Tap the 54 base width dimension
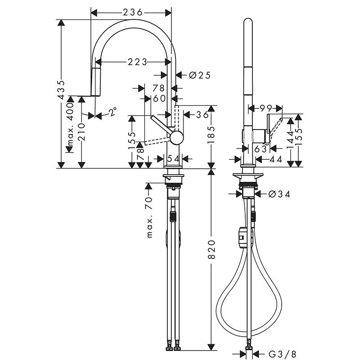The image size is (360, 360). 173,158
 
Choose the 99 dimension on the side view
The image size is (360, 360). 265,108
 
